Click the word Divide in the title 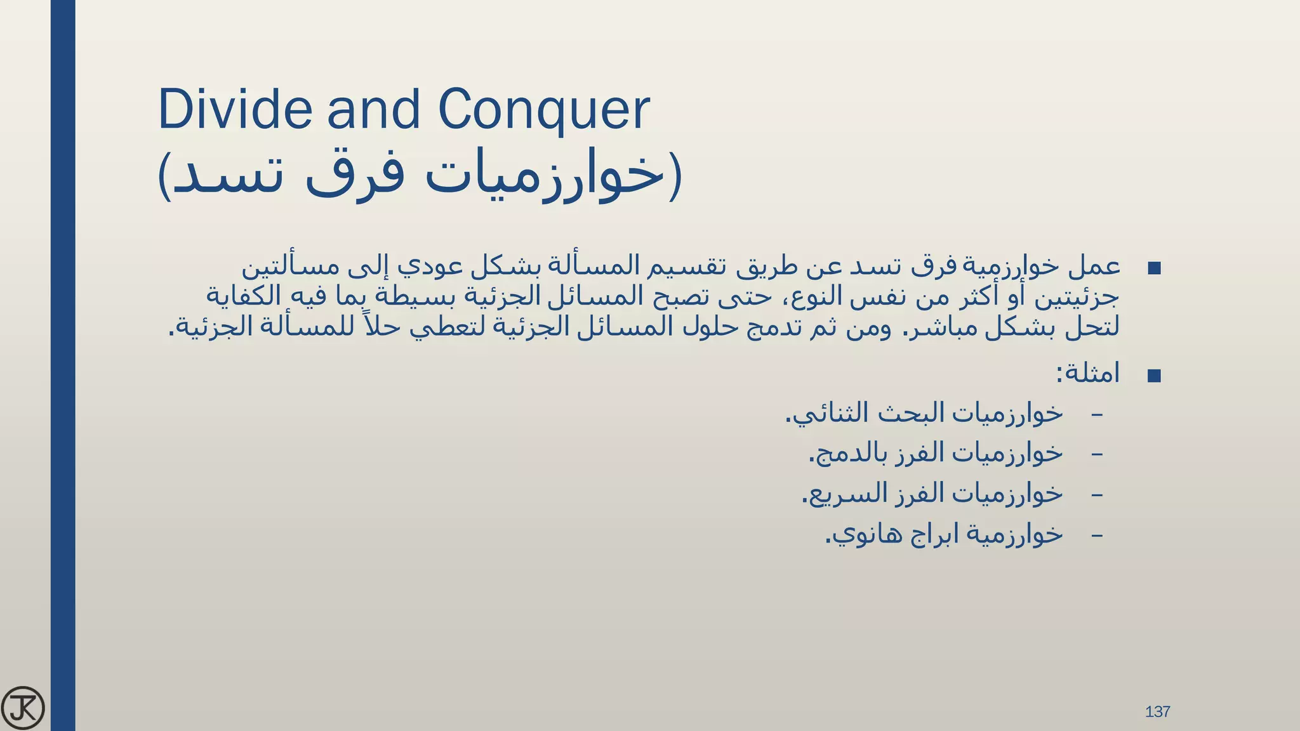[x=234, y=109]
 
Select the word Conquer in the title [x=544, y=110]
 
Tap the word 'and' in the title [x=373, y=109]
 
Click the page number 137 [x=1157, y=711]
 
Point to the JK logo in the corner [x=23, y=708]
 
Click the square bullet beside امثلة [x=1154, y=376]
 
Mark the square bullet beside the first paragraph [x=1154, y=268]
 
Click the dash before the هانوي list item [x=1096, y=535]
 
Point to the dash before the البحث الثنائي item [x=1096, y=414]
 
